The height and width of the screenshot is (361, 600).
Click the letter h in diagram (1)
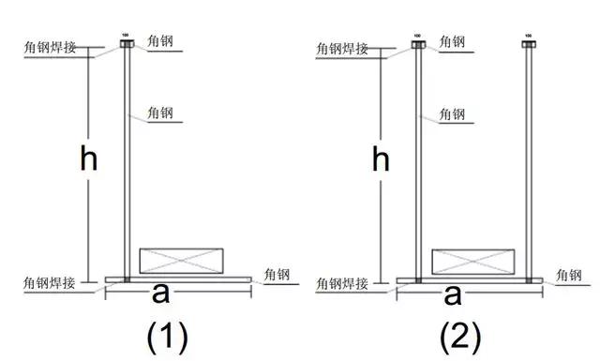88,160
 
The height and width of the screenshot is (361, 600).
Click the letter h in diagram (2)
381,160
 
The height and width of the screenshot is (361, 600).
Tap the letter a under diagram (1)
160,294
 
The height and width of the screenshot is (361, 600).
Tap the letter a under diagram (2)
453,294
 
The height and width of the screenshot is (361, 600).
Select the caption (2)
461,336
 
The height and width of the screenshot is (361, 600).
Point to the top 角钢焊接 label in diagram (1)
51,47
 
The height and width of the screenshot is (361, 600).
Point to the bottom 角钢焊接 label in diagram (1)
51,282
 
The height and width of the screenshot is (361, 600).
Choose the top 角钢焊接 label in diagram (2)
343,47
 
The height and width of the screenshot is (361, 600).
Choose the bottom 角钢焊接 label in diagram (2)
343,282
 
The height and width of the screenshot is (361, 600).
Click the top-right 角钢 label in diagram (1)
160,41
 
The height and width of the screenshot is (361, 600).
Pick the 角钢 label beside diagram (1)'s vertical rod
160,113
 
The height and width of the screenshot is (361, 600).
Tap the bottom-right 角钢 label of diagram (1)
278,275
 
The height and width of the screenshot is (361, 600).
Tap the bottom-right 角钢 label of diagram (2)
570,275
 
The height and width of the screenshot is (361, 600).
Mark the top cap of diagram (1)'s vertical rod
127,43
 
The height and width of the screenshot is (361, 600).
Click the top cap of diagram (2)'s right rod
529,43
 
